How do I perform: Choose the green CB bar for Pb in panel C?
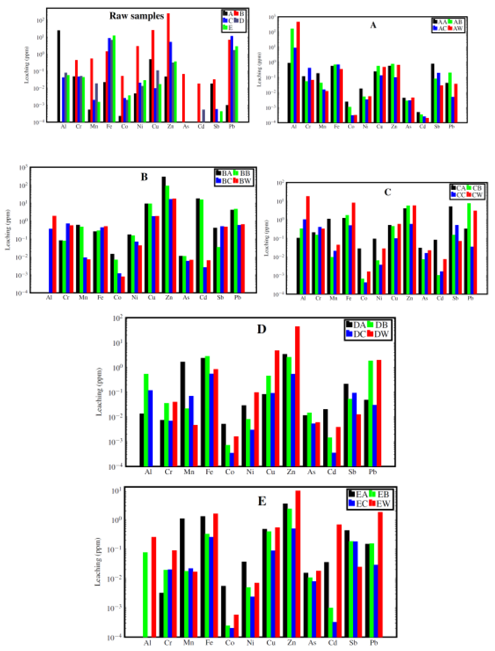[469, 248]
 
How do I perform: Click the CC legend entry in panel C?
[458, 195]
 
